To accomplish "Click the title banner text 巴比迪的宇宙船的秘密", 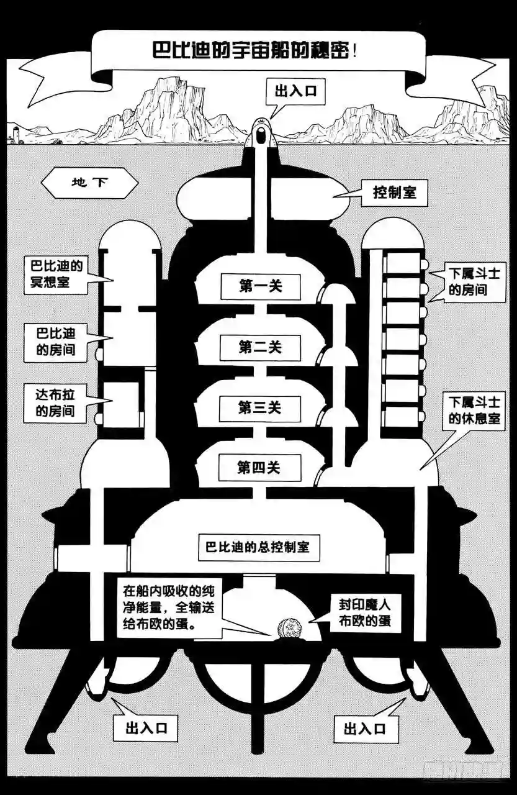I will click(x=254, y=50).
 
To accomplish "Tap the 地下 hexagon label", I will click(x=89, y=183).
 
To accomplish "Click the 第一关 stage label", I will click(x=260, y=286).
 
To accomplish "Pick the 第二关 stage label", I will click(x=260, y=347).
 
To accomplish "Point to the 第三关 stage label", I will click(x=260, y=408).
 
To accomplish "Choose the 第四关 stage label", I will click(x=259, y=468).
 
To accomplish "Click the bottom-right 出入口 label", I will click(x=364, y=727).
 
